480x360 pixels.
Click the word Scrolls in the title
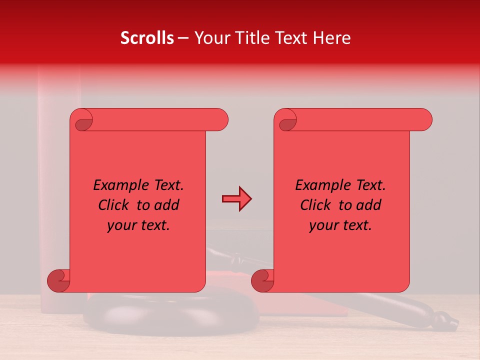(x=147, y=38)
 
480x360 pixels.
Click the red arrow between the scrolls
(x=236, y=199)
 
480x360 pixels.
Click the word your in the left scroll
(x=121, y=225)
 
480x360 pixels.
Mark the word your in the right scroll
(x=323, y=225)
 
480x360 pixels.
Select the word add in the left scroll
(x=166, y=205)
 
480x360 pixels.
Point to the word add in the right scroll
(x=368, y=205)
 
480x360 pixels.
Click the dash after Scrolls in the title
(x=183, y=38)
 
